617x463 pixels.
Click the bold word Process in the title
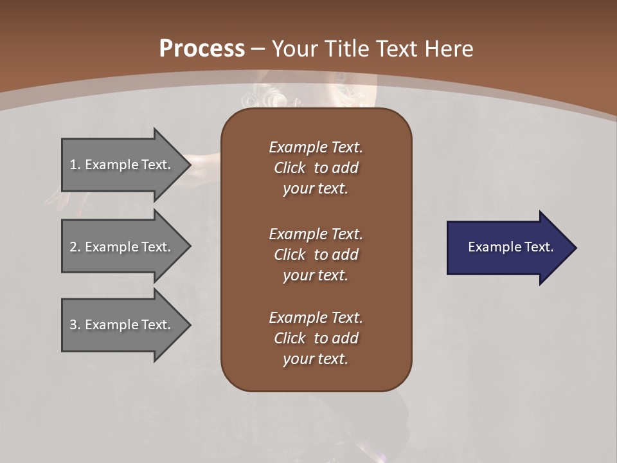coord(202,49)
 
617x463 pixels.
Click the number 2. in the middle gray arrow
coord(75,247)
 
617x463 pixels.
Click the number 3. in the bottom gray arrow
coord(75,325)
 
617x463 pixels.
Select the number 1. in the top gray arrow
coord(75,165)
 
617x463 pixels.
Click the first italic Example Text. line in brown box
coord(316,147)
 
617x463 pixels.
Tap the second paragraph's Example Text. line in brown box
coord(316,234)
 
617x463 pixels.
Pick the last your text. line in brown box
coord(316,359)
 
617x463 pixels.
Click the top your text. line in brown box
coord(316,188)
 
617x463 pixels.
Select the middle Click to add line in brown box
coord(316,255)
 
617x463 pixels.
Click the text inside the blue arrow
coord(510,247)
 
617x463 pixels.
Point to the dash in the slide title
coord(258,49)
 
